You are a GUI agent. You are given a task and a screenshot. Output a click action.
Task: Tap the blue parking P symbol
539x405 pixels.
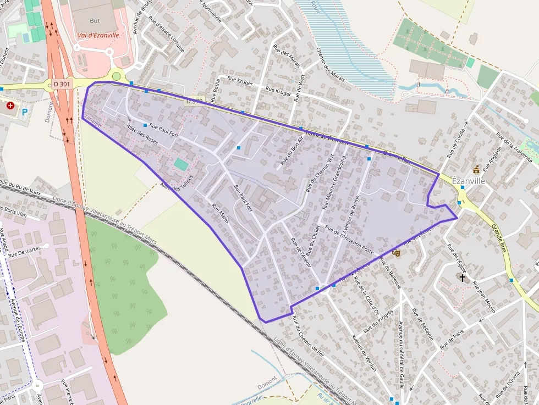(x=25, y=112)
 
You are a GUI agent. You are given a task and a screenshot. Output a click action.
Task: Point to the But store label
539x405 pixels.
(x=95, y=20)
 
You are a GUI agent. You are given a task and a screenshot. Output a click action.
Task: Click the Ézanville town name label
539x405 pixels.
(x=468, y=180)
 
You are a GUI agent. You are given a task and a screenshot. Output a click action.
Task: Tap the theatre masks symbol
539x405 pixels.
(x=397, y=253)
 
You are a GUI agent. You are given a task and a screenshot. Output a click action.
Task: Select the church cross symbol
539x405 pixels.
(x=463, y=278)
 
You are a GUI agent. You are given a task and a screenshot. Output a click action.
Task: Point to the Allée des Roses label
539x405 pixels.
(x=142, y=134)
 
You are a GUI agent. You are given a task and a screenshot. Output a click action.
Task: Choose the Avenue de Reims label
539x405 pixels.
(x=350, y=214)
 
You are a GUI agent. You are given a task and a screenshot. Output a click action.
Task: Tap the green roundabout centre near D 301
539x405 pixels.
(x=116, y=76)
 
